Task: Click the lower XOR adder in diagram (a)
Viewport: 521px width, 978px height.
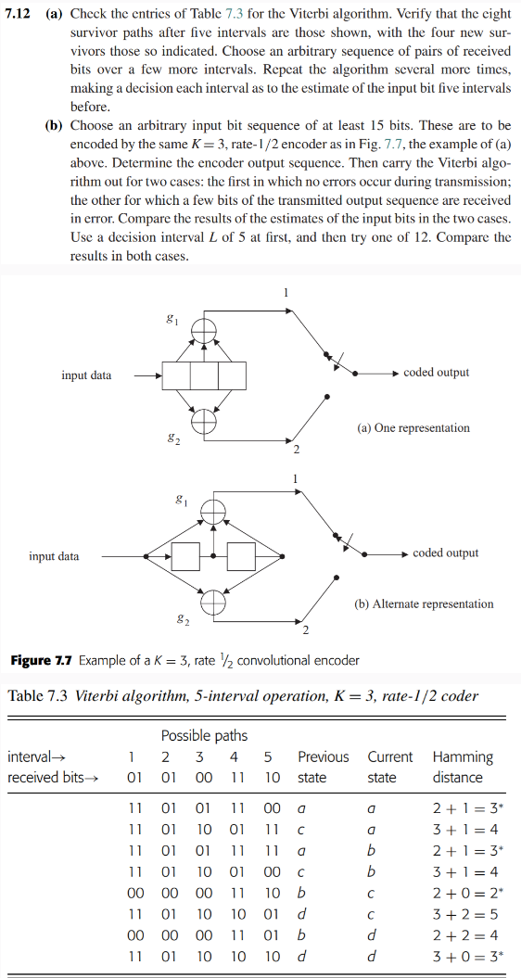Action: point(204,421)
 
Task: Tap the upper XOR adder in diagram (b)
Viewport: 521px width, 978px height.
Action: point(214,509)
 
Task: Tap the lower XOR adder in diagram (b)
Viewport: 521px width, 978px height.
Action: point(214,601)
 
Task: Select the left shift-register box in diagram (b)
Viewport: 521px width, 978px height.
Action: point(187,556)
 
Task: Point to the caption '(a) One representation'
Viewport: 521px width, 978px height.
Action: point(413,428)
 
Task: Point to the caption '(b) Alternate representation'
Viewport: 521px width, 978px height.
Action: point(424,603)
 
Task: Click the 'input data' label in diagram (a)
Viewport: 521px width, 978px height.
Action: point(86,375)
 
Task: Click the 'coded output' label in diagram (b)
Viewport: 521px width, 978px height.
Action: point(445,553)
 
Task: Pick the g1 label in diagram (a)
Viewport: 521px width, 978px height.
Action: point(170,318)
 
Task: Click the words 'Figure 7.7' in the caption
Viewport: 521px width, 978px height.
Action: point(41,660)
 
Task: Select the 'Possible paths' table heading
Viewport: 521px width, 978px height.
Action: point(204,735)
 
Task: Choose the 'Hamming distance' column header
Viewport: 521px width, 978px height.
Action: point(463,767)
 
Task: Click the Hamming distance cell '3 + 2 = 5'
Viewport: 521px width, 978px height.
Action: point(462,914)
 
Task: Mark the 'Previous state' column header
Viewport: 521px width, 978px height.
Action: point(323,767)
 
